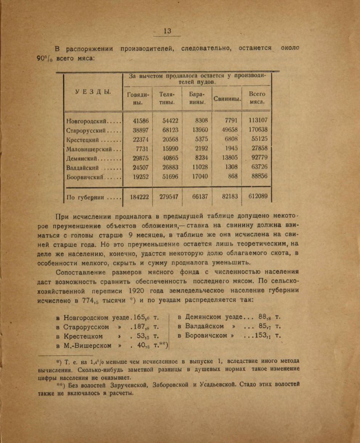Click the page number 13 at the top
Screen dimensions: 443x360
167,31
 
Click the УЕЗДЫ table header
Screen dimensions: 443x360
93,92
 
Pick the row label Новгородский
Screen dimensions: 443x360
93,121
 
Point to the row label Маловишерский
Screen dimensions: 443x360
93,149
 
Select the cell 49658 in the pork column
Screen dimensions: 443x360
229,130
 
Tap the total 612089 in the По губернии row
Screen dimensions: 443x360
258,196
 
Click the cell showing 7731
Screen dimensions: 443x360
139,148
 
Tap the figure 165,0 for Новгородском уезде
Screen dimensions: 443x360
142,318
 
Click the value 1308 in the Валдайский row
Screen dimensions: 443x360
231,167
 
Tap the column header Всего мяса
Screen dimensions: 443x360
257,98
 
